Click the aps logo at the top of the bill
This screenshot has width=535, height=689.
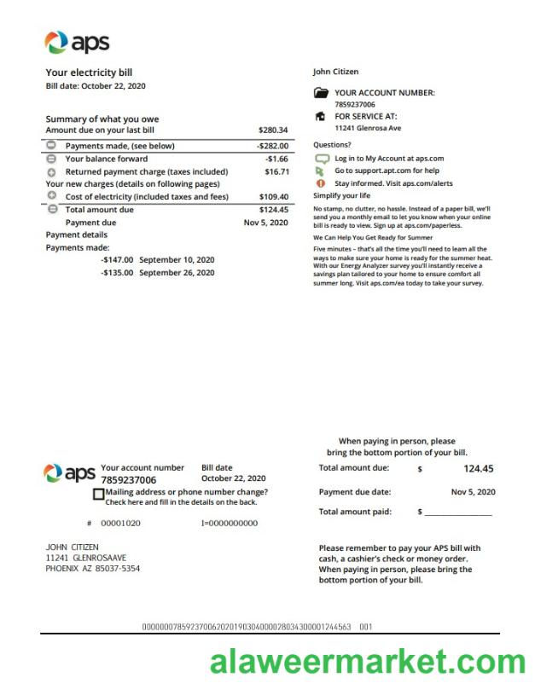point(77,42)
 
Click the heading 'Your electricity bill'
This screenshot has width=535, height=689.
point(89,72)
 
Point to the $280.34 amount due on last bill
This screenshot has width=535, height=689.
point(273,130)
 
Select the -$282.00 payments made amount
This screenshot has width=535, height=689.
point(272,146)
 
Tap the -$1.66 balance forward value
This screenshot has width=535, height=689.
point(276,159)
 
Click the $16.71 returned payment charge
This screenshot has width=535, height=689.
point(276,171)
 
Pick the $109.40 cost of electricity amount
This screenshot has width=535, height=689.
point(273,197)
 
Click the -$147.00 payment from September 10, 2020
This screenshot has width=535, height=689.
point(117,260)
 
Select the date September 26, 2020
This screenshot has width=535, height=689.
point(177,273)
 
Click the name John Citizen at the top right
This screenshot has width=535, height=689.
point(335,72)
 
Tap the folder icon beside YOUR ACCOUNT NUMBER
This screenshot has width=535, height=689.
point(321,93)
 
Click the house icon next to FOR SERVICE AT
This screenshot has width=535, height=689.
point(321,116)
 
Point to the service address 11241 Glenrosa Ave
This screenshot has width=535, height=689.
point(368,128)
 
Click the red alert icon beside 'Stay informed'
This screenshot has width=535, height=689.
point(321,183)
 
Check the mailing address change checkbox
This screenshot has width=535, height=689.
point(99,494)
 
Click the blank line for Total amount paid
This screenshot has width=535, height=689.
point(458,513)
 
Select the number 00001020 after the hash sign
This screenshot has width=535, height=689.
point(121,523)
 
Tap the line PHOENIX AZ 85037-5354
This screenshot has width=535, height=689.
point(93,568)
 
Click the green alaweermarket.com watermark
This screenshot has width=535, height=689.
point(368,661)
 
